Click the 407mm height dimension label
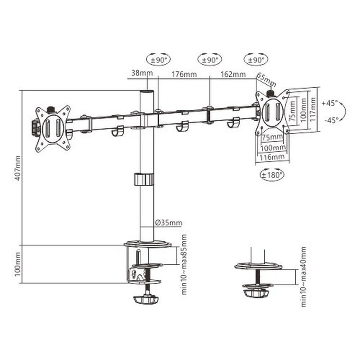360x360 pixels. [18, 169]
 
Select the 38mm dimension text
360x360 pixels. [137, 74]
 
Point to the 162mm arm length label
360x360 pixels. [233, 74]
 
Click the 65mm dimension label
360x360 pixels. [266, 78]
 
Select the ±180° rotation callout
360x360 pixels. [272, 175]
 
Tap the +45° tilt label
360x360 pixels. [329, 102]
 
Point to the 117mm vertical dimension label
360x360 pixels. [312, 110]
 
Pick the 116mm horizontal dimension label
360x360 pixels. [272, 156]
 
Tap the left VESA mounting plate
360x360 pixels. [53, 128]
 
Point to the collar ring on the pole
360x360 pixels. [144, 180]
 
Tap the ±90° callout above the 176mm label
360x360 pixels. [209, 60]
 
